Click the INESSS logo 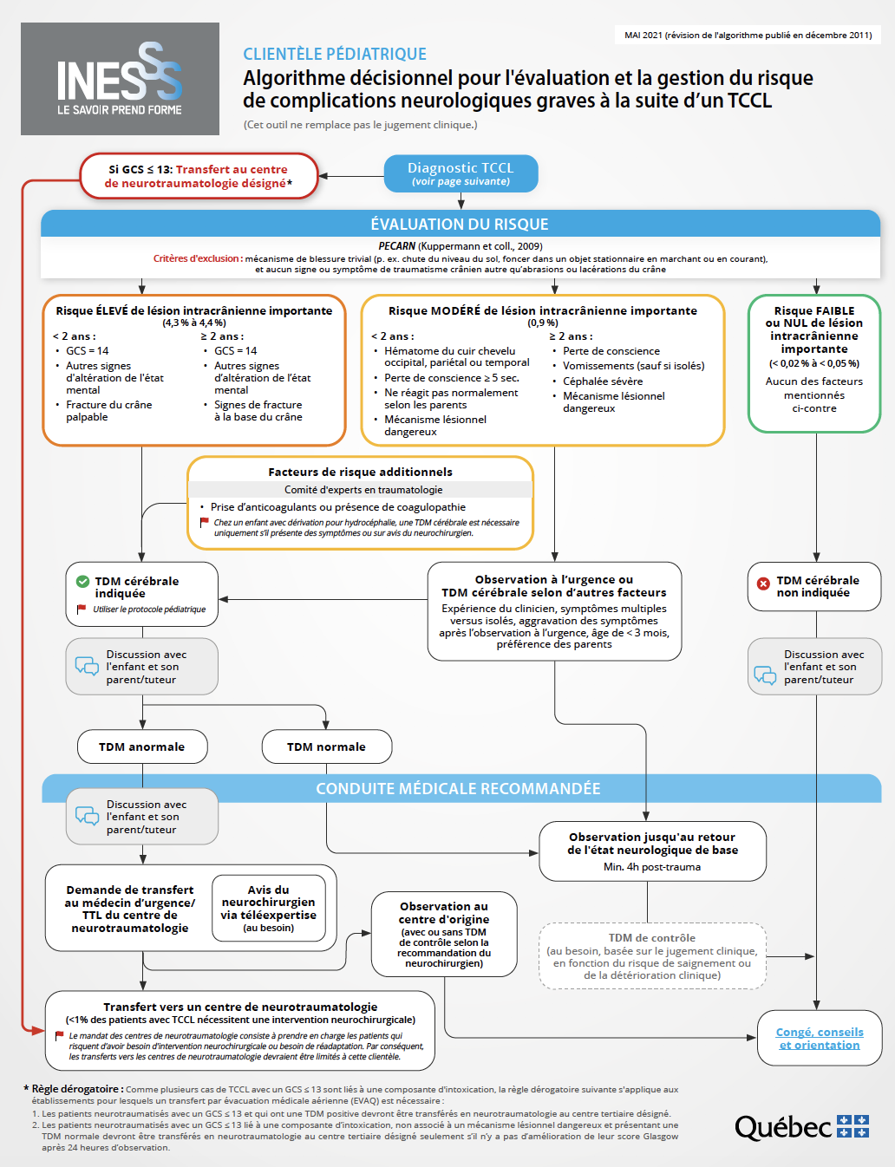tap(120, 79)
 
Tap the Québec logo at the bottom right tap(801, 1126)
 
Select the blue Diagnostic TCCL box tap(461, 173)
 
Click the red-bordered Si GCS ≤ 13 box tap(199, 176)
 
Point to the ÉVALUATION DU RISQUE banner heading tap(460, 224)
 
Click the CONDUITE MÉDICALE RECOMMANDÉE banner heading tap(458, 788)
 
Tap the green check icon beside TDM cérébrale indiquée tap(83, 582)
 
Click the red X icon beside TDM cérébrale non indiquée tap(763, 583)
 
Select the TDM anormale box tap(141, 746)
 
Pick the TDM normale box tap(326, 746)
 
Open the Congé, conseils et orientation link tap(820, 1038)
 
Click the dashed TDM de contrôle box tap(652, 955)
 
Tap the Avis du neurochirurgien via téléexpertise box tap(269, 908)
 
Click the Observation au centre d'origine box tap(444, 934)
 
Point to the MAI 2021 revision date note tap(748, 36)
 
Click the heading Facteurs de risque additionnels tap(360, 472)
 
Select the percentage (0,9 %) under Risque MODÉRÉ tap(542, 323)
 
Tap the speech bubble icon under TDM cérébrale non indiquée tap(765, 675)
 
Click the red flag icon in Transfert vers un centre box tap(59, 1035)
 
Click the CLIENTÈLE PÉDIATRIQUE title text tap(335, 54)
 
